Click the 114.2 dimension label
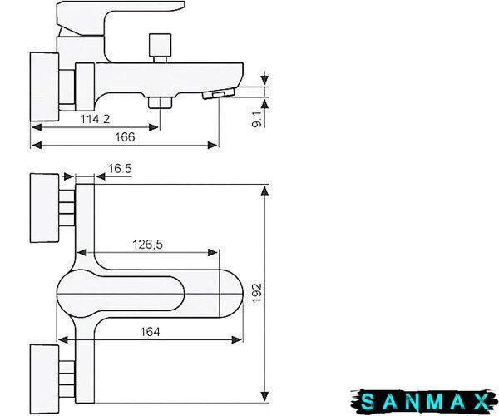click(x=95, y=119)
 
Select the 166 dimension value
click(x=125, y=137)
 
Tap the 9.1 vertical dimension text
click(x=257, y=120)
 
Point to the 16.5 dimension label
click(x=120, y=168)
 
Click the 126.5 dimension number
click(x=147, y=245)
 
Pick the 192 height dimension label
click(x=257, y=293)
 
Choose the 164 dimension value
click(x=150, y=332)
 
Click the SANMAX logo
click(x=424, y=402)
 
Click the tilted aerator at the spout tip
click(x=219, y=94)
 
